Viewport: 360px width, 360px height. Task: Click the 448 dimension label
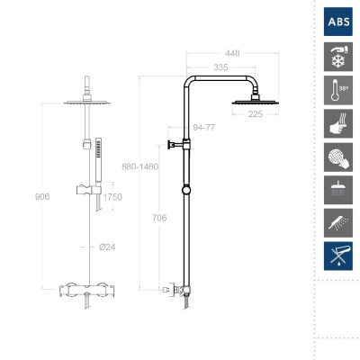(x=232, y=53)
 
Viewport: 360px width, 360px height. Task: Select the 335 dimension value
(x=220, y=67)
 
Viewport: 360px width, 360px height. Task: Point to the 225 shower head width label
(x=256, y=114)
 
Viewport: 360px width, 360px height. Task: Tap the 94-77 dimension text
(x=204, y=128)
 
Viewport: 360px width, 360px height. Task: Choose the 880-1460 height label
(x=140, y=166)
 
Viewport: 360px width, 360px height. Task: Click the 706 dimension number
(x=159, y=218)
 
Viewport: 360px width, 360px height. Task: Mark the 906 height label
(x=42, y=197)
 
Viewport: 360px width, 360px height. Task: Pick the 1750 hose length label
(x=112, y=197)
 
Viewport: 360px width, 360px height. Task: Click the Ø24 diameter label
(x=107, y=247)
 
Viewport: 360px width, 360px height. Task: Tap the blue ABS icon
(x=338, y=22)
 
